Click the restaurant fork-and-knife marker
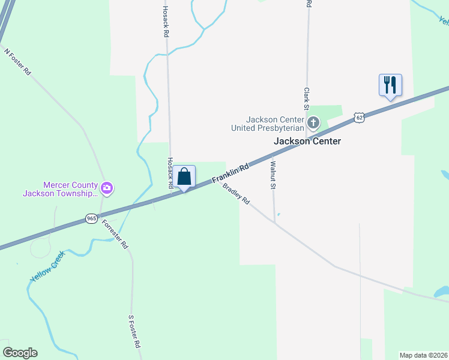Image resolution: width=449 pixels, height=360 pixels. (x=390, y=85)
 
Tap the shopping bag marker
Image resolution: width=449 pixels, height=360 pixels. (x=184, y=176)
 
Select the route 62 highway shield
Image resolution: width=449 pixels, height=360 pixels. (x=359, y=118)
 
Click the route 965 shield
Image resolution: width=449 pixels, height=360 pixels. (x=91, y=219)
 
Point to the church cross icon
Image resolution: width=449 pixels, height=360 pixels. (x=313, y=124)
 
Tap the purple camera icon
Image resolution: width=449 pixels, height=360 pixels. (x=107, y=188)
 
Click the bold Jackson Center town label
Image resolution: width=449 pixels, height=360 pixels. (x=307, y=142)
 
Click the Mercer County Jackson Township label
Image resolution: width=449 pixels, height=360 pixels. (x=60, y=189)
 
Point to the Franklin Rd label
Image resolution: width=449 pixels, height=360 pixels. (x=230, y=175)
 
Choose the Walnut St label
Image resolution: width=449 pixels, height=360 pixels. (x=273, y=175)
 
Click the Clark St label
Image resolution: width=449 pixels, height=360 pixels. (x=306, y=99)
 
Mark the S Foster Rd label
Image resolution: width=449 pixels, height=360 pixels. (x=134, y=331)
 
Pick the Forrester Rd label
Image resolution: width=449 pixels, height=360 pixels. (x=115, y=233)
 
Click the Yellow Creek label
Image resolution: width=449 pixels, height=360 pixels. (x=48, y=266)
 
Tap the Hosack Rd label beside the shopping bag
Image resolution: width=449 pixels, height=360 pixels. (x=170, y=173)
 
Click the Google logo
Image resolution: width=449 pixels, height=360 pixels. (x=20, y=353)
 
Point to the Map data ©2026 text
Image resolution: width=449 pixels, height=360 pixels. (x=424, y=355)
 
